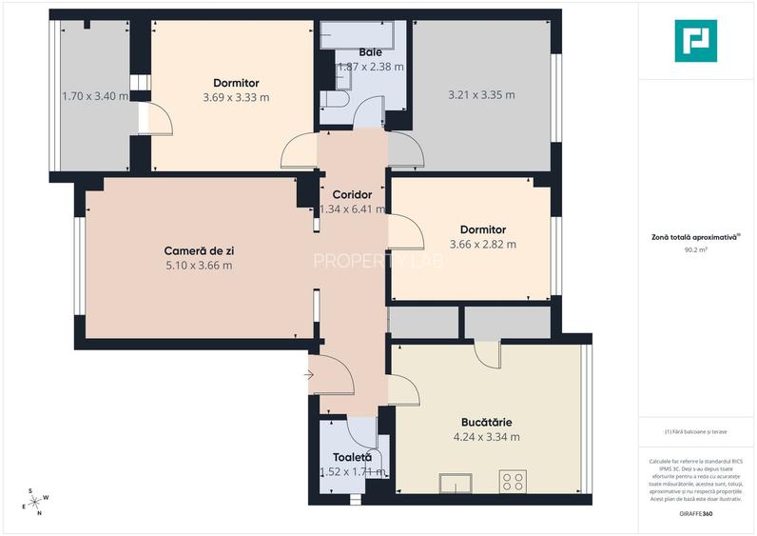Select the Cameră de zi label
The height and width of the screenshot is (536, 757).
tap(199, 250)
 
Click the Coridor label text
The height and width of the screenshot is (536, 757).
tap(352, 194)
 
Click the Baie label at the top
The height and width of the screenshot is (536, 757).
tap(370, 52)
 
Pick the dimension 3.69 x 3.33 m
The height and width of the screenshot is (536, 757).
tap(236, 97)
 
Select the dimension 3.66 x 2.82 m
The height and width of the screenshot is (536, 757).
tap(482, 244)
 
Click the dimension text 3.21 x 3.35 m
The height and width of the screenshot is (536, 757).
tap(481, 94)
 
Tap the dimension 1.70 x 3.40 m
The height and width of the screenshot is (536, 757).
tap(95, 96)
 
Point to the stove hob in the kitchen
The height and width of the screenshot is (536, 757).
tap(514, 481)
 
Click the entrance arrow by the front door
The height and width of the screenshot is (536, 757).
tap(308, 375)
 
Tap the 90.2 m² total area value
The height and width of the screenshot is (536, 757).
tap(695, 250)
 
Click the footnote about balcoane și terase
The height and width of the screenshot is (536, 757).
tap(695, 431)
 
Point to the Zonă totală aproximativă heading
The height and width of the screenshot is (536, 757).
tap(695, 238)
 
